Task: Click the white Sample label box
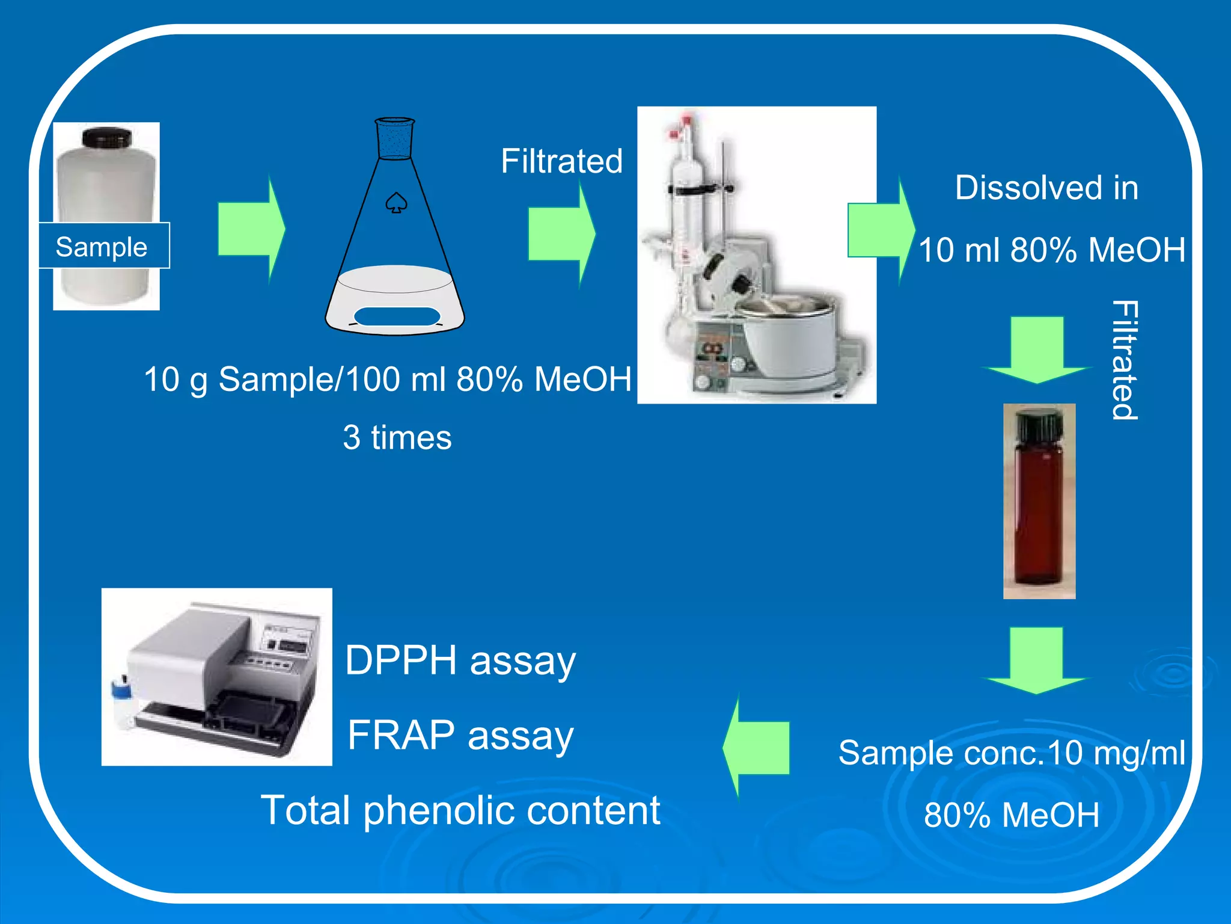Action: (x=104, y=246)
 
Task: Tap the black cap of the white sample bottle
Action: (x=106, y=138)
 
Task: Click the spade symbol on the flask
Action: (x=396, y=203)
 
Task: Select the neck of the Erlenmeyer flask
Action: (x=395, y=139)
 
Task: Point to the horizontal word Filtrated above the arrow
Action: (x=561, y=161)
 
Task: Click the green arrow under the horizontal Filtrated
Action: (x=560, y=235)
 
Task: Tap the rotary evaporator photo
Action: (x=756, y=255)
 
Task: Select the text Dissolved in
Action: (x=1046, y=188)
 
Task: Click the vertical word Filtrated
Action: (x=1124, y=360)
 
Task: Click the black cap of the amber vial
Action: (x=1039, y=425)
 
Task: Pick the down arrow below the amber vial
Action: (x=1036, y=660)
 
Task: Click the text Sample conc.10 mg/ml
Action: (x=1012, y=753)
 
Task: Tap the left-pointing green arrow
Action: (x=756, y=747)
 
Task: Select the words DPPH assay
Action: (x=460, y=661)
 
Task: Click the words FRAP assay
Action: (x=460, y=735)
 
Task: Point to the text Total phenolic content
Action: (x=460, y=810)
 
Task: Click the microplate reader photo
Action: (x=216, y=677)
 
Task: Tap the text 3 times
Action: (x=397, y=437)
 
